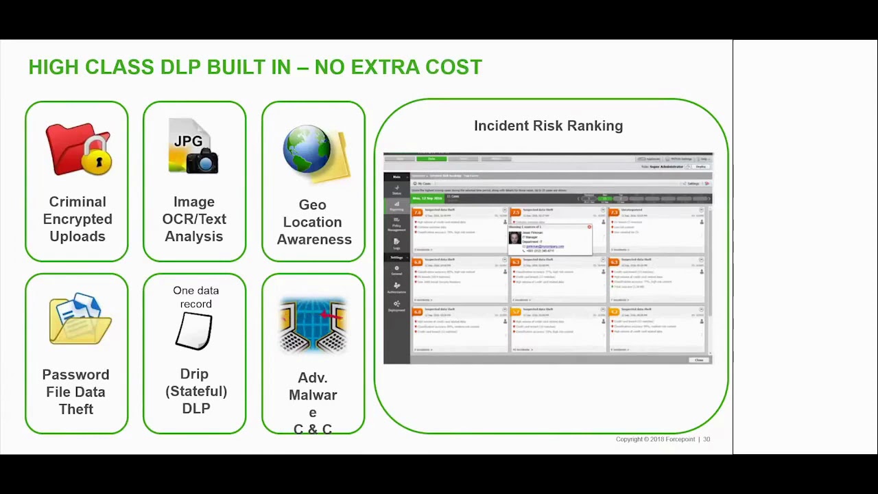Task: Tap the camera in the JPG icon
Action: (203, 161)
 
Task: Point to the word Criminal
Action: (78, 202)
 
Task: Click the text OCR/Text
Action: (194, 219)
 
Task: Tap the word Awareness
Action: (314, 239)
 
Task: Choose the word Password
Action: (75, 375)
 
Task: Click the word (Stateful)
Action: (196, 391)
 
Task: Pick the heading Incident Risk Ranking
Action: (548, 126)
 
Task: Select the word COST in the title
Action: (454, 67)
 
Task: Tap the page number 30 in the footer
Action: (707, 439)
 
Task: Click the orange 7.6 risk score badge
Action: (417, 212)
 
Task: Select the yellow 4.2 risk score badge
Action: (614, 312)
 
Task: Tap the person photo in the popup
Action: (514, 237)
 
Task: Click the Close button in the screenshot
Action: (698, 360)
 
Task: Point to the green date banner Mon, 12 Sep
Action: (427, 198)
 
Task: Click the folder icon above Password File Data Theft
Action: (80, 319)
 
